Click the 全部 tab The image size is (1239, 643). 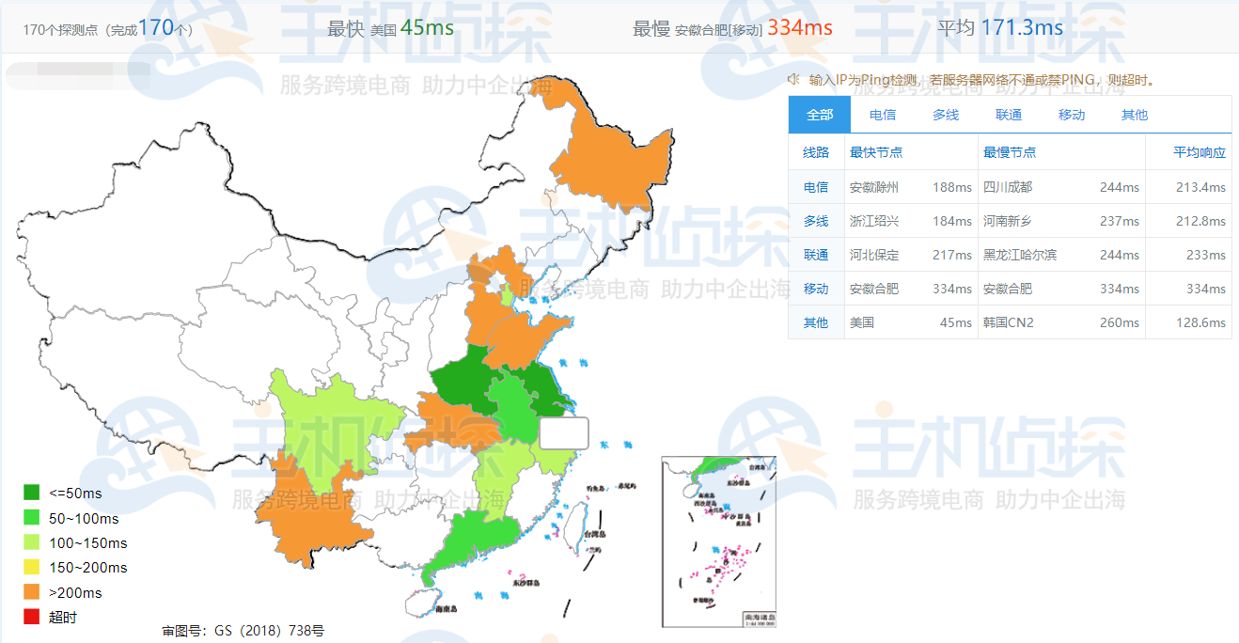[x=819, y=115]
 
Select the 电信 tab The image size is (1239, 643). [x=882, y=115]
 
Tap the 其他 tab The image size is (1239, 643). [x=1134, y=115]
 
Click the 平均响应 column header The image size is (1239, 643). [x=1199, y=152]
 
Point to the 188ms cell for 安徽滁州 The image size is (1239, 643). [x=951, y=187]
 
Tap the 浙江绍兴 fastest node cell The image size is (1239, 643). [x=873, y=221]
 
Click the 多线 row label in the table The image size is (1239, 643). [x=816, y=221]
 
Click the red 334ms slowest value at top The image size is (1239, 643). [x=799, y=28]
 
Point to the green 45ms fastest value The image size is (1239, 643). [x=426, y=28]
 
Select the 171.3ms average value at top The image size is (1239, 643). [x=1021, y=28]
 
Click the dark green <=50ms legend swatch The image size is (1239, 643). [x=32, y=493]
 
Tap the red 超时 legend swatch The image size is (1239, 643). [x=32, y=617]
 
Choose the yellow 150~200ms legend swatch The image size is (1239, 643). [x=32, y=567]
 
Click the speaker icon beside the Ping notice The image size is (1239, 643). [x=794, y=79]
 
